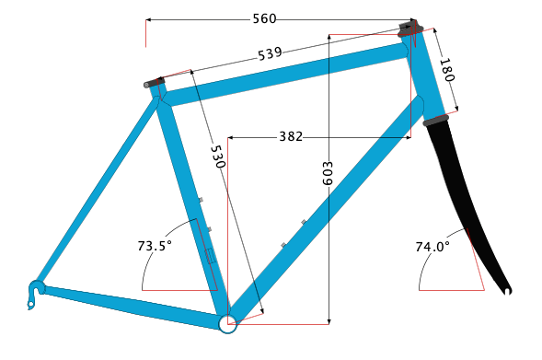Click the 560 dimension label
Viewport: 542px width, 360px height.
point(264,18)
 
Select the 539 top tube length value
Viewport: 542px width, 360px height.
point(270,53)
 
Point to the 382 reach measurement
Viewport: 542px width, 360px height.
point(291,137)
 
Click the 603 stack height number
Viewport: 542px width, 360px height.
point(329,175)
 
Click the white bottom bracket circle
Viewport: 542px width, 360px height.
point(226,322)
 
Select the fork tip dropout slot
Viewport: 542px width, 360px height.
point(506,293)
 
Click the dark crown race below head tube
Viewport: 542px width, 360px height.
point(435,119)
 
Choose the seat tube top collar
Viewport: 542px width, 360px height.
point(154,83)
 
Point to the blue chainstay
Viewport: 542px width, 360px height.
point(129,303)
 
